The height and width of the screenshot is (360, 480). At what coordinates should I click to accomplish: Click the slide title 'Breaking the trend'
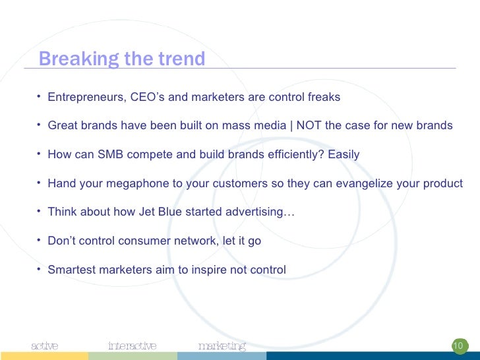click(x=122, y=59)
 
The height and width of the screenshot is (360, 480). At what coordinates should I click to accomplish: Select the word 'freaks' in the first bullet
click(x=324, y=98)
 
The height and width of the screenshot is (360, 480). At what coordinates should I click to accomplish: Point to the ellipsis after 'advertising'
click(x=289, y=212)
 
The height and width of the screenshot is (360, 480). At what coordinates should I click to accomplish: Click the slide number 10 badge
click(x=458, y=345)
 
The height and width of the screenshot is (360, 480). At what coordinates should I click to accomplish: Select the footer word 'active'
click(x=45, y=345)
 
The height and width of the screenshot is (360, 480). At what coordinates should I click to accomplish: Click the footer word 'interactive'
click(x=132, y=345)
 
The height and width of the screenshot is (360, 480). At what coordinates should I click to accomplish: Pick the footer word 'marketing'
click(x=222, y=345)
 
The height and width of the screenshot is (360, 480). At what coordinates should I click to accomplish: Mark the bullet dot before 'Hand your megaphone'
click(x=40, y=183)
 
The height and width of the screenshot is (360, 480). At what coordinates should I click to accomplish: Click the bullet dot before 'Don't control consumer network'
click(x=40, y=240)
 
